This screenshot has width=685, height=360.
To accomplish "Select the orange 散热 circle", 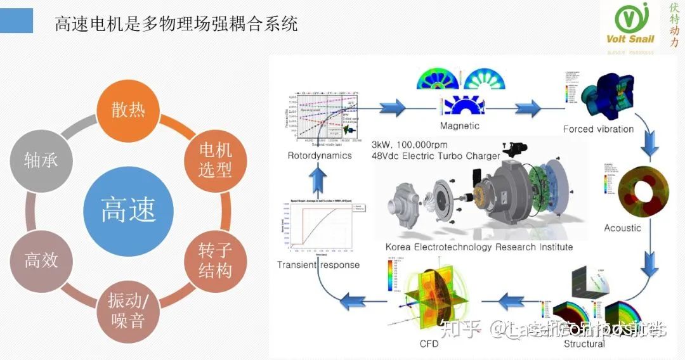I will click(129, 110).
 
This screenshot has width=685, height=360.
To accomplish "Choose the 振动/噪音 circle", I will click(129, 311).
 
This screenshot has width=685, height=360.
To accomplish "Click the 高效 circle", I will click(41, 260).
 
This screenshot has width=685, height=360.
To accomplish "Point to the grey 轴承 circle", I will click(41, 160).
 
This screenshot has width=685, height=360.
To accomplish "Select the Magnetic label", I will click(459, 125).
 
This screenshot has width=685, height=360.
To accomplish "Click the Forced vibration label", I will click(598, 129).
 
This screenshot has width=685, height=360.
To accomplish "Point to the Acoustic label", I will click(622, 228).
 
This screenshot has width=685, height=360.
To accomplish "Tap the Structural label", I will click(584, 344).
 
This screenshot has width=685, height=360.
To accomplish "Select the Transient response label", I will click(318, 265).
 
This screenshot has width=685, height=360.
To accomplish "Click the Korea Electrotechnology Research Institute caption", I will click(479, 247).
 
